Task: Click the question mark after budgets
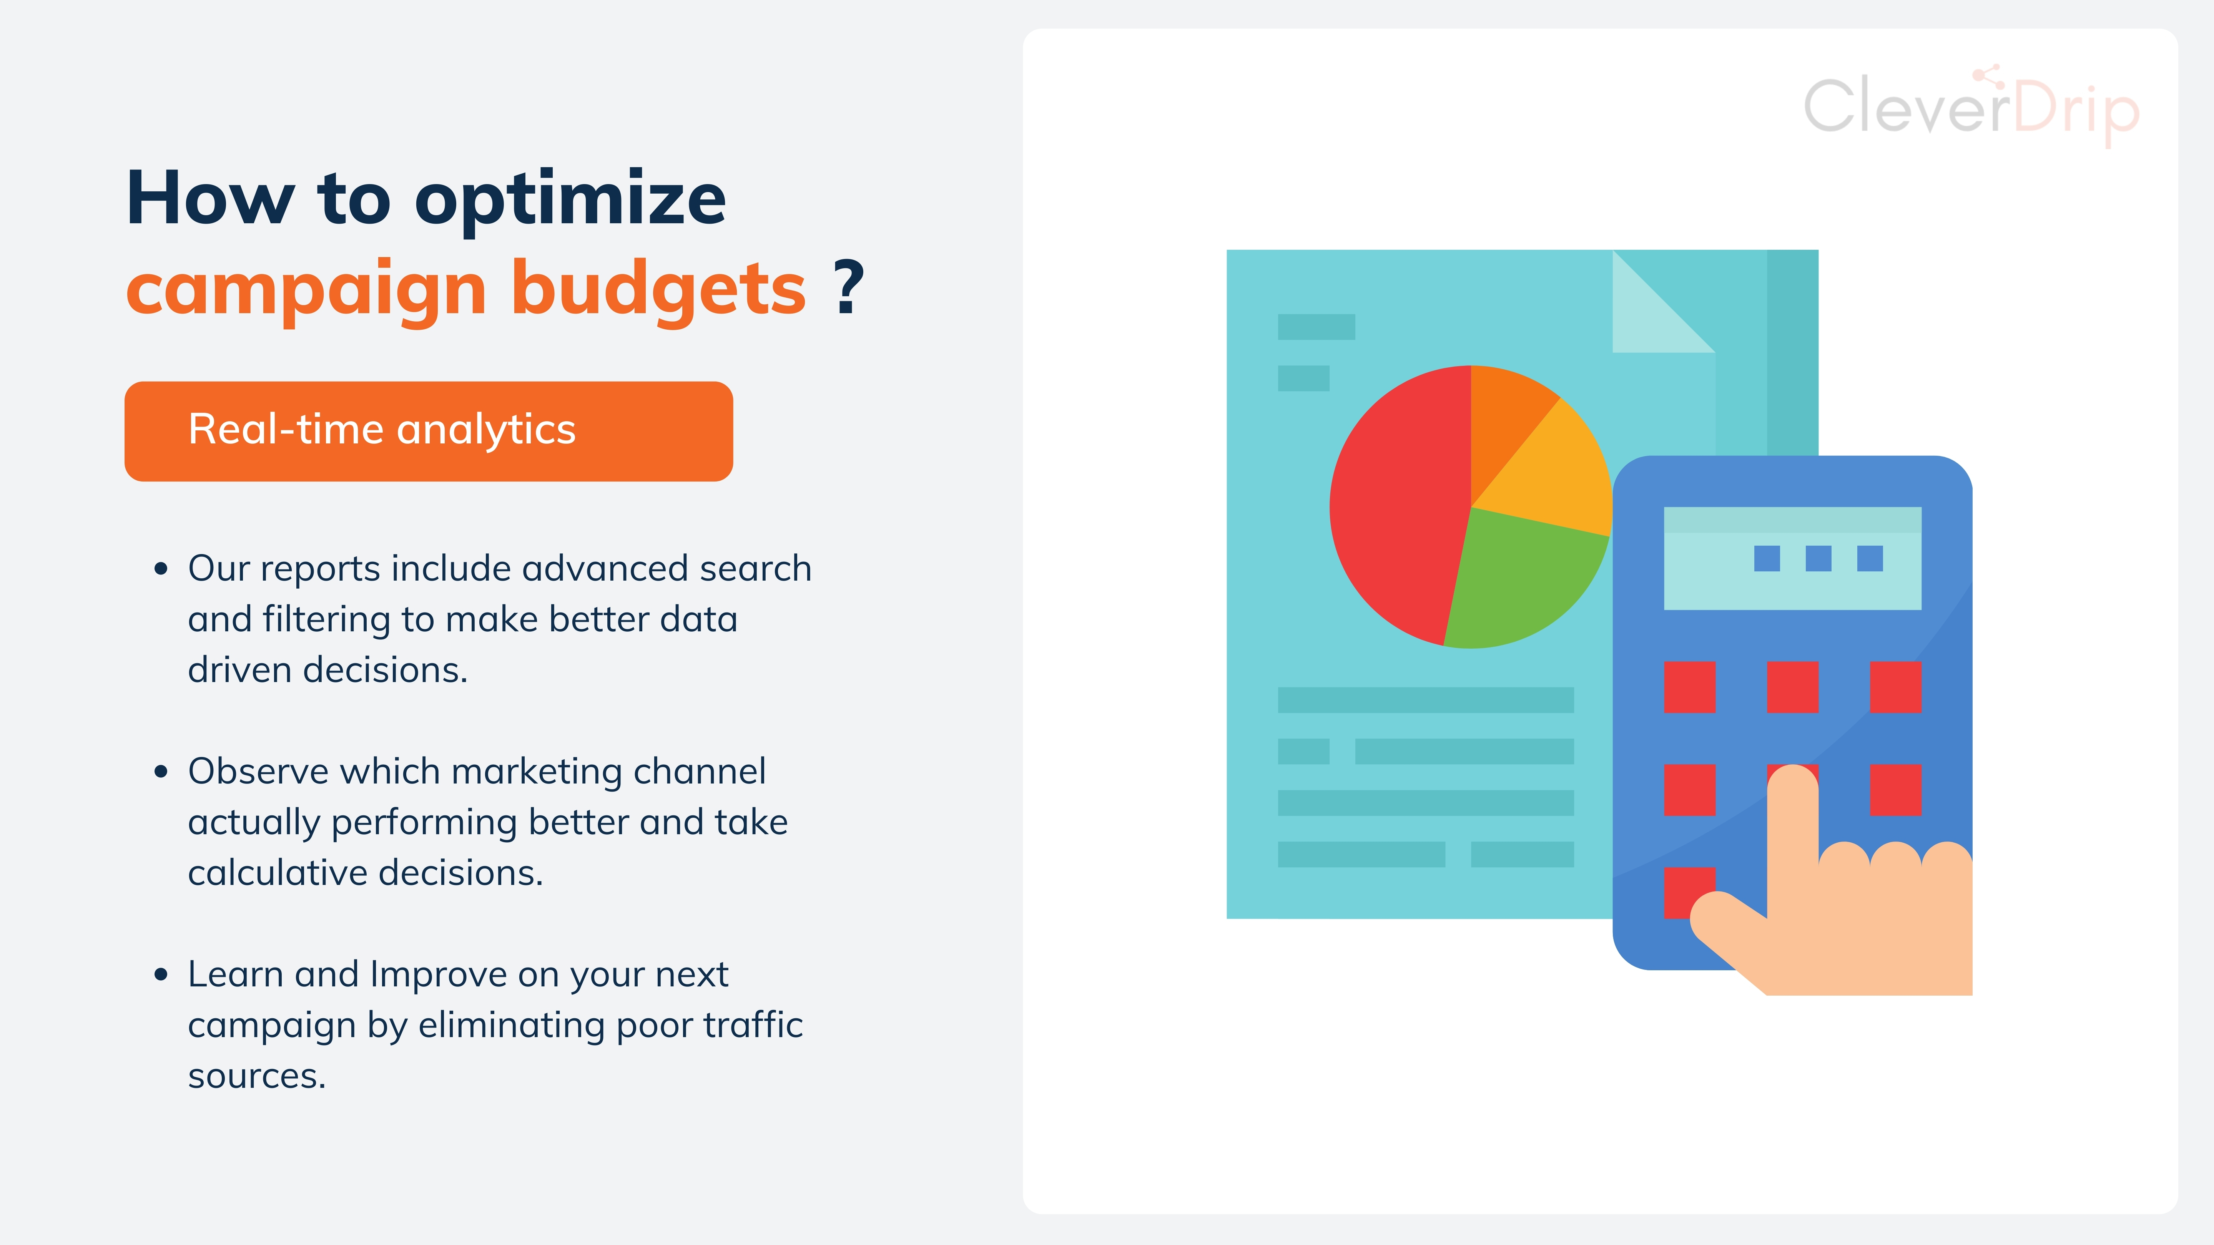click(848, 287)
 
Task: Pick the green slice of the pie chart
click(1521, 584)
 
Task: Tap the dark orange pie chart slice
click(1504, 412)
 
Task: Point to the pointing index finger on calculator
click(1793, 825)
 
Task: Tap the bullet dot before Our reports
click(161, 569)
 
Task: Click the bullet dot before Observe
click(161, 772)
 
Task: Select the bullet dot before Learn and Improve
click(161, 974)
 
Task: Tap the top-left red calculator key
click(1690, 687)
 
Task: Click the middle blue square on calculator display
click(1818, 558)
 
